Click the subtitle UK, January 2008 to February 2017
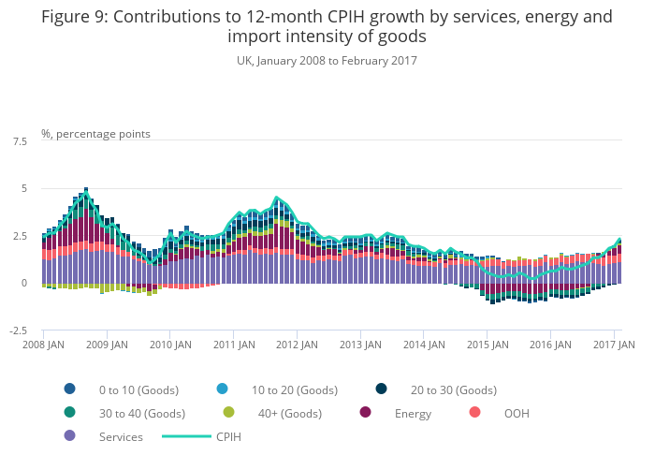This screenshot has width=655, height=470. pyautogui.click(x=327, y=61)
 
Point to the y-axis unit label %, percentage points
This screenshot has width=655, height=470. pyautogui.click(x=95, y=134)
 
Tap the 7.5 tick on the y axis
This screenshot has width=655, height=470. pyautogui.click(x=20, y=141)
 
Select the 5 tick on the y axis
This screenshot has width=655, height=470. pyautogui.click(x=23, y=189)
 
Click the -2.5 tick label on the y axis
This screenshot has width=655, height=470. pyautogui.click(x=18, y=330)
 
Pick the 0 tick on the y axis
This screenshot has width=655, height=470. pyautogui.click(x=23, y=283)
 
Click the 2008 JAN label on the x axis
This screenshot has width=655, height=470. pyautogui.click(x=43, y=345)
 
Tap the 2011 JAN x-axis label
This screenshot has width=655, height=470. pyautogui.click(x=233, y=345)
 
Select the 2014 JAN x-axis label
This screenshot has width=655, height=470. pyautogui.click(x=423, y=345)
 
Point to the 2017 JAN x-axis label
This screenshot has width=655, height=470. pyautogui.click(x=614, y=345)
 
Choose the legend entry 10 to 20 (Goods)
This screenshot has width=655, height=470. pyautogui.click(x=294, y=389)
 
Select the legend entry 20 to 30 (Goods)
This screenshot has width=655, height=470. pyautogui.click(x=454, y=389)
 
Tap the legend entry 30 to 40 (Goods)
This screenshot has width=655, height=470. pyautogui.click(x=141, y=413)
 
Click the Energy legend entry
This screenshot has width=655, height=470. pyautogui.click(x=413, y=413)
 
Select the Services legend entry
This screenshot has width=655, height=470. pyautogui.click(x=121, y=436)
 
